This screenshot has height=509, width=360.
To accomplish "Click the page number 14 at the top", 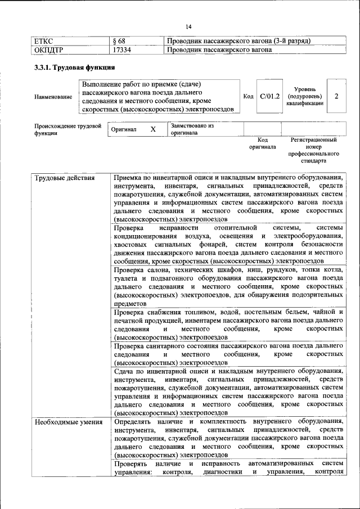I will (x=188, y=27).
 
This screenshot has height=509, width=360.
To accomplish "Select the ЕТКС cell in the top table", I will (x=44, y=41).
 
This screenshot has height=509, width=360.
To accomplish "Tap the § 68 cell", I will (x=119, y=41).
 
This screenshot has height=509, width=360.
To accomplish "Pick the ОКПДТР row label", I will (x=48, y=50).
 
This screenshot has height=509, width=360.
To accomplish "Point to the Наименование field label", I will (x=53, y=97).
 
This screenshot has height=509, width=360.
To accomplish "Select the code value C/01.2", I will (x=270, y=96).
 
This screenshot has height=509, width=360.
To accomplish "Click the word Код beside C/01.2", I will (x=248, y=97).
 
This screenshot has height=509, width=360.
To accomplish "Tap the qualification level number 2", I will (x=336, y=96).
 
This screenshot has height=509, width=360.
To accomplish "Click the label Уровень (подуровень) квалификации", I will (x=304, y=96).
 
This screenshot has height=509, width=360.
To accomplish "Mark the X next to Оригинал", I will (x=152, y=129).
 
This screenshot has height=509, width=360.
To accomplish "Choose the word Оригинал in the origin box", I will (x=124, y=129).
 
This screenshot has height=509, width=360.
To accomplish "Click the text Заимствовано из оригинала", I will (x=192, y=130).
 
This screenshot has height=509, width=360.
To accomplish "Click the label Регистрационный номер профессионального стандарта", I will (x=313, y=150).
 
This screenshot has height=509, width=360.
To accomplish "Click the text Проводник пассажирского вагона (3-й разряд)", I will (x=239, y=41).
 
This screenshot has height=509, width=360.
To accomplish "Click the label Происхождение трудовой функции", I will (x=67, y=130).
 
